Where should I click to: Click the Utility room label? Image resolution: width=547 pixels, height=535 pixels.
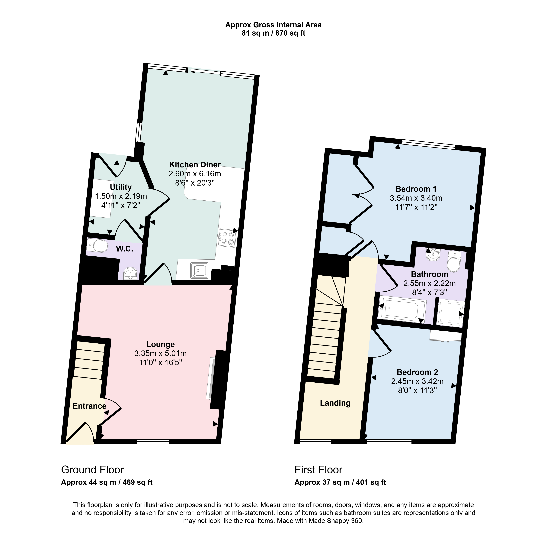pyautogui.click(x=121, y=187)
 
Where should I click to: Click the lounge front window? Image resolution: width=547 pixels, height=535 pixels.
pyautogui.click(x=153, y=442)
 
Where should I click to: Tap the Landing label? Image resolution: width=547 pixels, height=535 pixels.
pyautogui.click(x=335, y=403)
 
